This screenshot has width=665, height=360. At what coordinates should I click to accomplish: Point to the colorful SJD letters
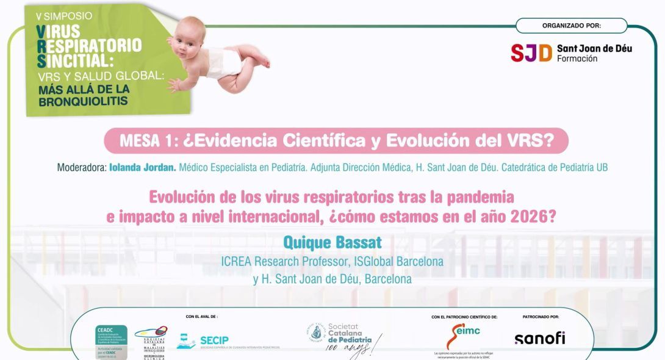(531, 53)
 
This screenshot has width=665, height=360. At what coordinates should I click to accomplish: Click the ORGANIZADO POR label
(572, 26)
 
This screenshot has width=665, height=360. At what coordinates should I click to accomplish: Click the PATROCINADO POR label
(541, 317)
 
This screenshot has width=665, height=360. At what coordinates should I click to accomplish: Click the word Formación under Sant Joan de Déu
(577, 59)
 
